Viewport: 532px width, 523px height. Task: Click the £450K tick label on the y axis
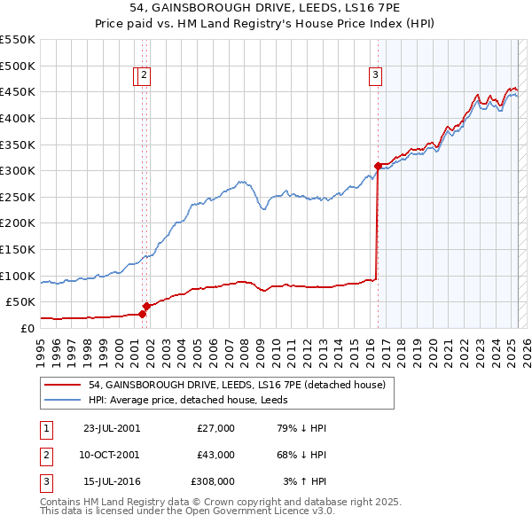pos(18,91)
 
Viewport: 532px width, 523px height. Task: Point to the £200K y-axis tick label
pos(18,222)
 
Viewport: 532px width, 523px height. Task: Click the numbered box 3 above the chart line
pos(376,76)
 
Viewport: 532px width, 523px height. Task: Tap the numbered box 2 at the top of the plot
pos(145,76)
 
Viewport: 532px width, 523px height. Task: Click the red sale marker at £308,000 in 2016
pos(378,166)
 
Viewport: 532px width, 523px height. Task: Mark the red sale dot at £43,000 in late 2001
pos(146,305)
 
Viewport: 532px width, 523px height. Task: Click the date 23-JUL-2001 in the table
pos(111,428)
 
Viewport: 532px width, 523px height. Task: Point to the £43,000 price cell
pos(215,455)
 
